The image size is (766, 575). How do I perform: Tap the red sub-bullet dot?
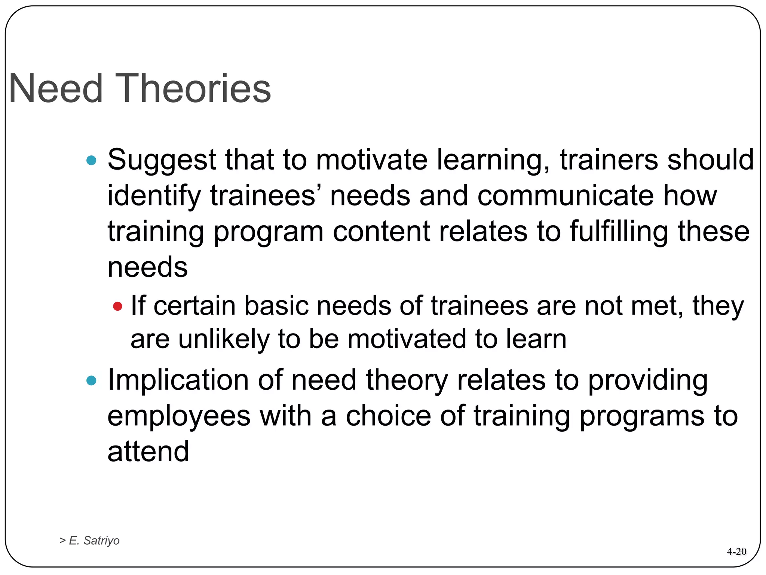(117, 307)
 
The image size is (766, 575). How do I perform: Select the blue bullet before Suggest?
(91, 161)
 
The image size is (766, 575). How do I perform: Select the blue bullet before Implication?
(91, 381)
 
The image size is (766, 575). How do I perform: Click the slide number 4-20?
(736, 551)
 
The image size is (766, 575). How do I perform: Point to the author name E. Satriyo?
(94, 540)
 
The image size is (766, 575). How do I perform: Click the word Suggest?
(162, 160)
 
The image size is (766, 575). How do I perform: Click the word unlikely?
(224, 339)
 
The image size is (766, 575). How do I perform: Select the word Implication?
(178, 380)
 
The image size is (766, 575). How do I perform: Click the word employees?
(179, 417)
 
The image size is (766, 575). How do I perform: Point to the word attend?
(148, 451)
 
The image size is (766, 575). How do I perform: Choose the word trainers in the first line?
(609, 160)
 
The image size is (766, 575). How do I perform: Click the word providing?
(648, 380)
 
